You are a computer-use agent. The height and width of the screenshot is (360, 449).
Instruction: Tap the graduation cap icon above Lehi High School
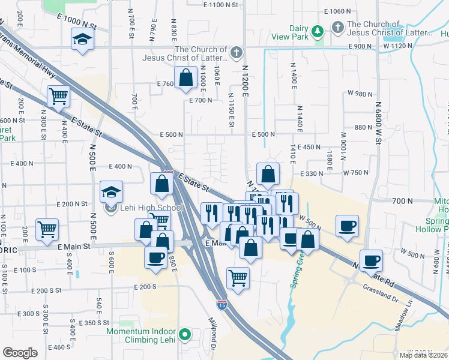pyautogui.click(x=111, y=192)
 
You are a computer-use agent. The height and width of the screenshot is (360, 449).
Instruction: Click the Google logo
pyautogui.click(x=20, y=353)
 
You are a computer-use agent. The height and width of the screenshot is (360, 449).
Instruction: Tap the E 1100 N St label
pyautogui.click(x=221, y=5)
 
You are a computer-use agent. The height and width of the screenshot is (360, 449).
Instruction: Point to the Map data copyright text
pyautogui.click(x=423, y=355)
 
